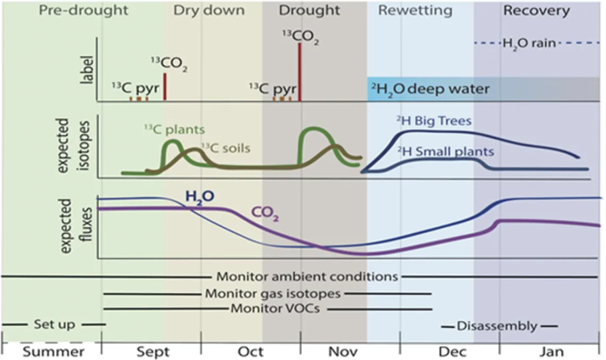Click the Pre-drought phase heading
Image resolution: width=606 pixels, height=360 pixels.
[84, 11]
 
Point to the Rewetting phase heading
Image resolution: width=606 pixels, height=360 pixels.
[415, 10]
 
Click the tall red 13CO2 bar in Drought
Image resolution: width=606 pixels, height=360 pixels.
[300, 72]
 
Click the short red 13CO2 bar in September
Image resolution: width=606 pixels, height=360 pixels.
[165, 87]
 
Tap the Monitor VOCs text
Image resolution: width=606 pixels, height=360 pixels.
[275, 309]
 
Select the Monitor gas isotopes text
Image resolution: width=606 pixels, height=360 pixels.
[273, 293]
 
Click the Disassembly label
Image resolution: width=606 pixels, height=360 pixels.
[496, 326]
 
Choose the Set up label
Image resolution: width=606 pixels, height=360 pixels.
[53, 324]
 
